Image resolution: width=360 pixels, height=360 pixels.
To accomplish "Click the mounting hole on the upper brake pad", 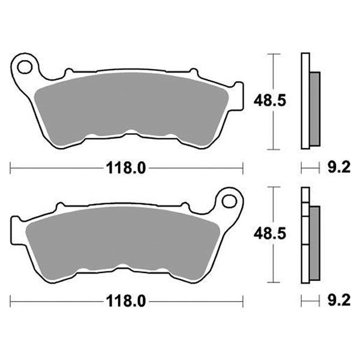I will click(25, 64).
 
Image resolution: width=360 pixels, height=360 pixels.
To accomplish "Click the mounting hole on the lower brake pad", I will click(228, 199).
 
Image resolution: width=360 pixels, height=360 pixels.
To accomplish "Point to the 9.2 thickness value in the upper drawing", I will click(338, 168).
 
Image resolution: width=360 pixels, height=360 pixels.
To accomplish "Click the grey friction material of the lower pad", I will click(120, 237).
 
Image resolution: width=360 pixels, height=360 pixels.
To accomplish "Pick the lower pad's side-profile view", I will click(308, 236).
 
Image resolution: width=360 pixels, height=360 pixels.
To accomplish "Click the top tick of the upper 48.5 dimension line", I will click(274, 54).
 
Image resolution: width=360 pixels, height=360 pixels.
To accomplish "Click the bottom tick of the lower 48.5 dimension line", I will click(274, 282).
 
